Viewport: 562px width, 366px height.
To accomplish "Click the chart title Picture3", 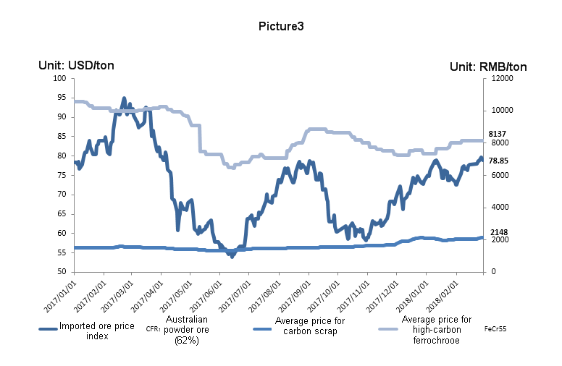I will click(281, 26).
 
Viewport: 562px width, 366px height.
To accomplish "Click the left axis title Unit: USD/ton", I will click(76, 66).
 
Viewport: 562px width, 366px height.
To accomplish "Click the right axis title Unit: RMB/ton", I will click(488, 67).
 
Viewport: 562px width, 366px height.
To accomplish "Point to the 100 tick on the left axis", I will click(59, 78).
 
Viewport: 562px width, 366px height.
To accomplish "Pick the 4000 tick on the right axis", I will click(499, 208).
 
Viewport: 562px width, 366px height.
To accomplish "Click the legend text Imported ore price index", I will click(97, 331).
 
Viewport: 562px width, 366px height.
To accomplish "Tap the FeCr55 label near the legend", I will click(495, 328).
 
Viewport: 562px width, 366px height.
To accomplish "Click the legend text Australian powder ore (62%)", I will click(187, 330).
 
